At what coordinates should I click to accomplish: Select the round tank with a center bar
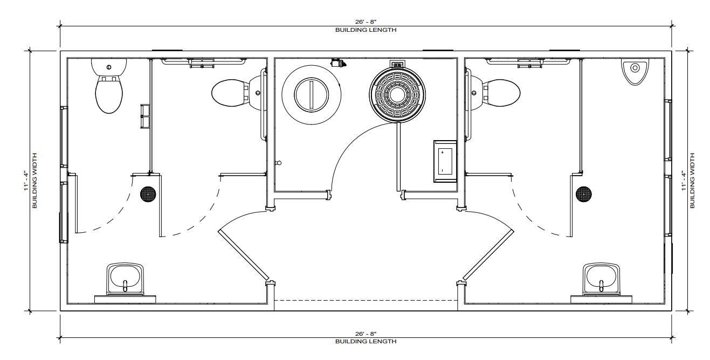[x=312, y=94]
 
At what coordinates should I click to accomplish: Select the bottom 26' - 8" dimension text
[x=366, y=334]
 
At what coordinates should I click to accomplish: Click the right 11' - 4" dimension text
[x=683, y=180]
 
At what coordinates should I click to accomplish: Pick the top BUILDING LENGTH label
[x=366, y=30]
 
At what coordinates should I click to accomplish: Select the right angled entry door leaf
[x=487, y=255]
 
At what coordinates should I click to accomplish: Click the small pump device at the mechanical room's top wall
[x=338, y=63]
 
